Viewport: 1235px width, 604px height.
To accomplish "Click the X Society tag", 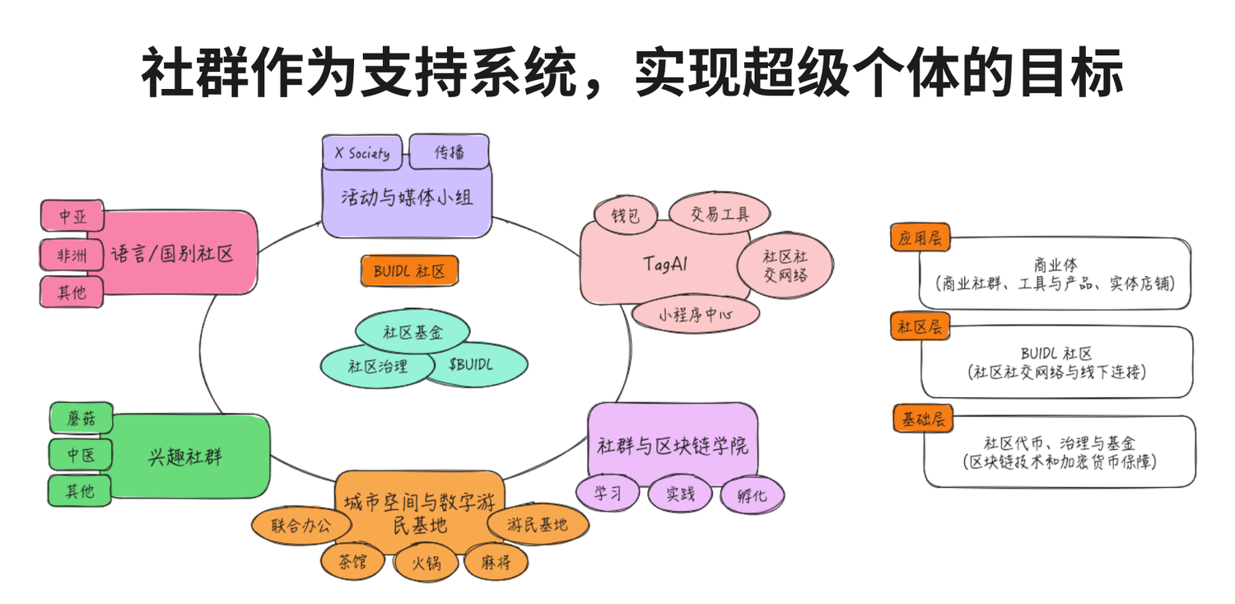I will pyautogui.click(x=362, y=153).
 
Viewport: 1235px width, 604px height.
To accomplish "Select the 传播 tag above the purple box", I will pyautogui.click(x=450, y=152).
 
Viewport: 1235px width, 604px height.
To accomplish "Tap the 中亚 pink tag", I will pyautogui.click(x=72, y=217).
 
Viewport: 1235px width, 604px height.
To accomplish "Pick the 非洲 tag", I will pyautogui.click(x=72, y=255).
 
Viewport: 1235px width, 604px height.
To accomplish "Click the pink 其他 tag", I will pyautogui.click(x=72, y=292).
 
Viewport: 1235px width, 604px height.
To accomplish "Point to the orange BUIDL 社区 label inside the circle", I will pyautogui.click(x=409, y=271).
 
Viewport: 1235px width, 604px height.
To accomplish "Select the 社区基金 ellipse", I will pyautogui.click(x=412, y=333).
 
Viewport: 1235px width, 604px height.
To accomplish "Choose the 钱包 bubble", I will pyautogui.click(x=626, y=217).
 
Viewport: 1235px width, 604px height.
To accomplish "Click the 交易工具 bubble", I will pyautogui.click(x=720, y=215).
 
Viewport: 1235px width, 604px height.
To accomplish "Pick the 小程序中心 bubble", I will pyautogui.click(x=696, y=314).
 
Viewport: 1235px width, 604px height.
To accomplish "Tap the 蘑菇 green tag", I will pyautogui.click(x=81, y=419).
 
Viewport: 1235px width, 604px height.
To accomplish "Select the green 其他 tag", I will pyautogui.click(x=81, y=491).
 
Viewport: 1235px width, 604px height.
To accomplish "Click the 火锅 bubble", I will pyautogui.click(x=423, y=563).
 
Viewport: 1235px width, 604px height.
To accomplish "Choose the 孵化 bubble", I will pyautogui.click(x=752, y=496).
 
